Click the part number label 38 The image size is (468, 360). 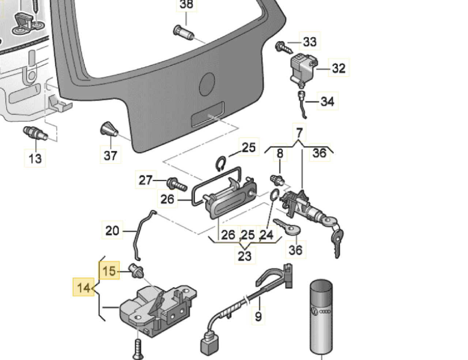[186, 5]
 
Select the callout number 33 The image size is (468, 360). [310, 41]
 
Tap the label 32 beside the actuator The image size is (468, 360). [339, 68]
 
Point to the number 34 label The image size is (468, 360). [327, 101]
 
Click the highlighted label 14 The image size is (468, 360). [84, 288]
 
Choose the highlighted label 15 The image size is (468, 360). [109, 271]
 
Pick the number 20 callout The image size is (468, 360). [112, 231]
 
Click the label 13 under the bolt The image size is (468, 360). [35, 159]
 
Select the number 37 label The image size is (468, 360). [110, 155]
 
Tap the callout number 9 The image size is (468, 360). [258, 316]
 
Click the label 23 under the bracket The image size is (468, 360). [245, 256]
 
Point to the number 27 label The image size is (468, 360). [146, 180]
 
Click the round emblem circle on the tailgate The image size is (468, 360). [207, 84]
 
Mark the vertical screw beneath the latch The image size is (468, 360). [138, 349]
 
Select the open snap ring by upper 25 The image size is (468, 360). [220, 163]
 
